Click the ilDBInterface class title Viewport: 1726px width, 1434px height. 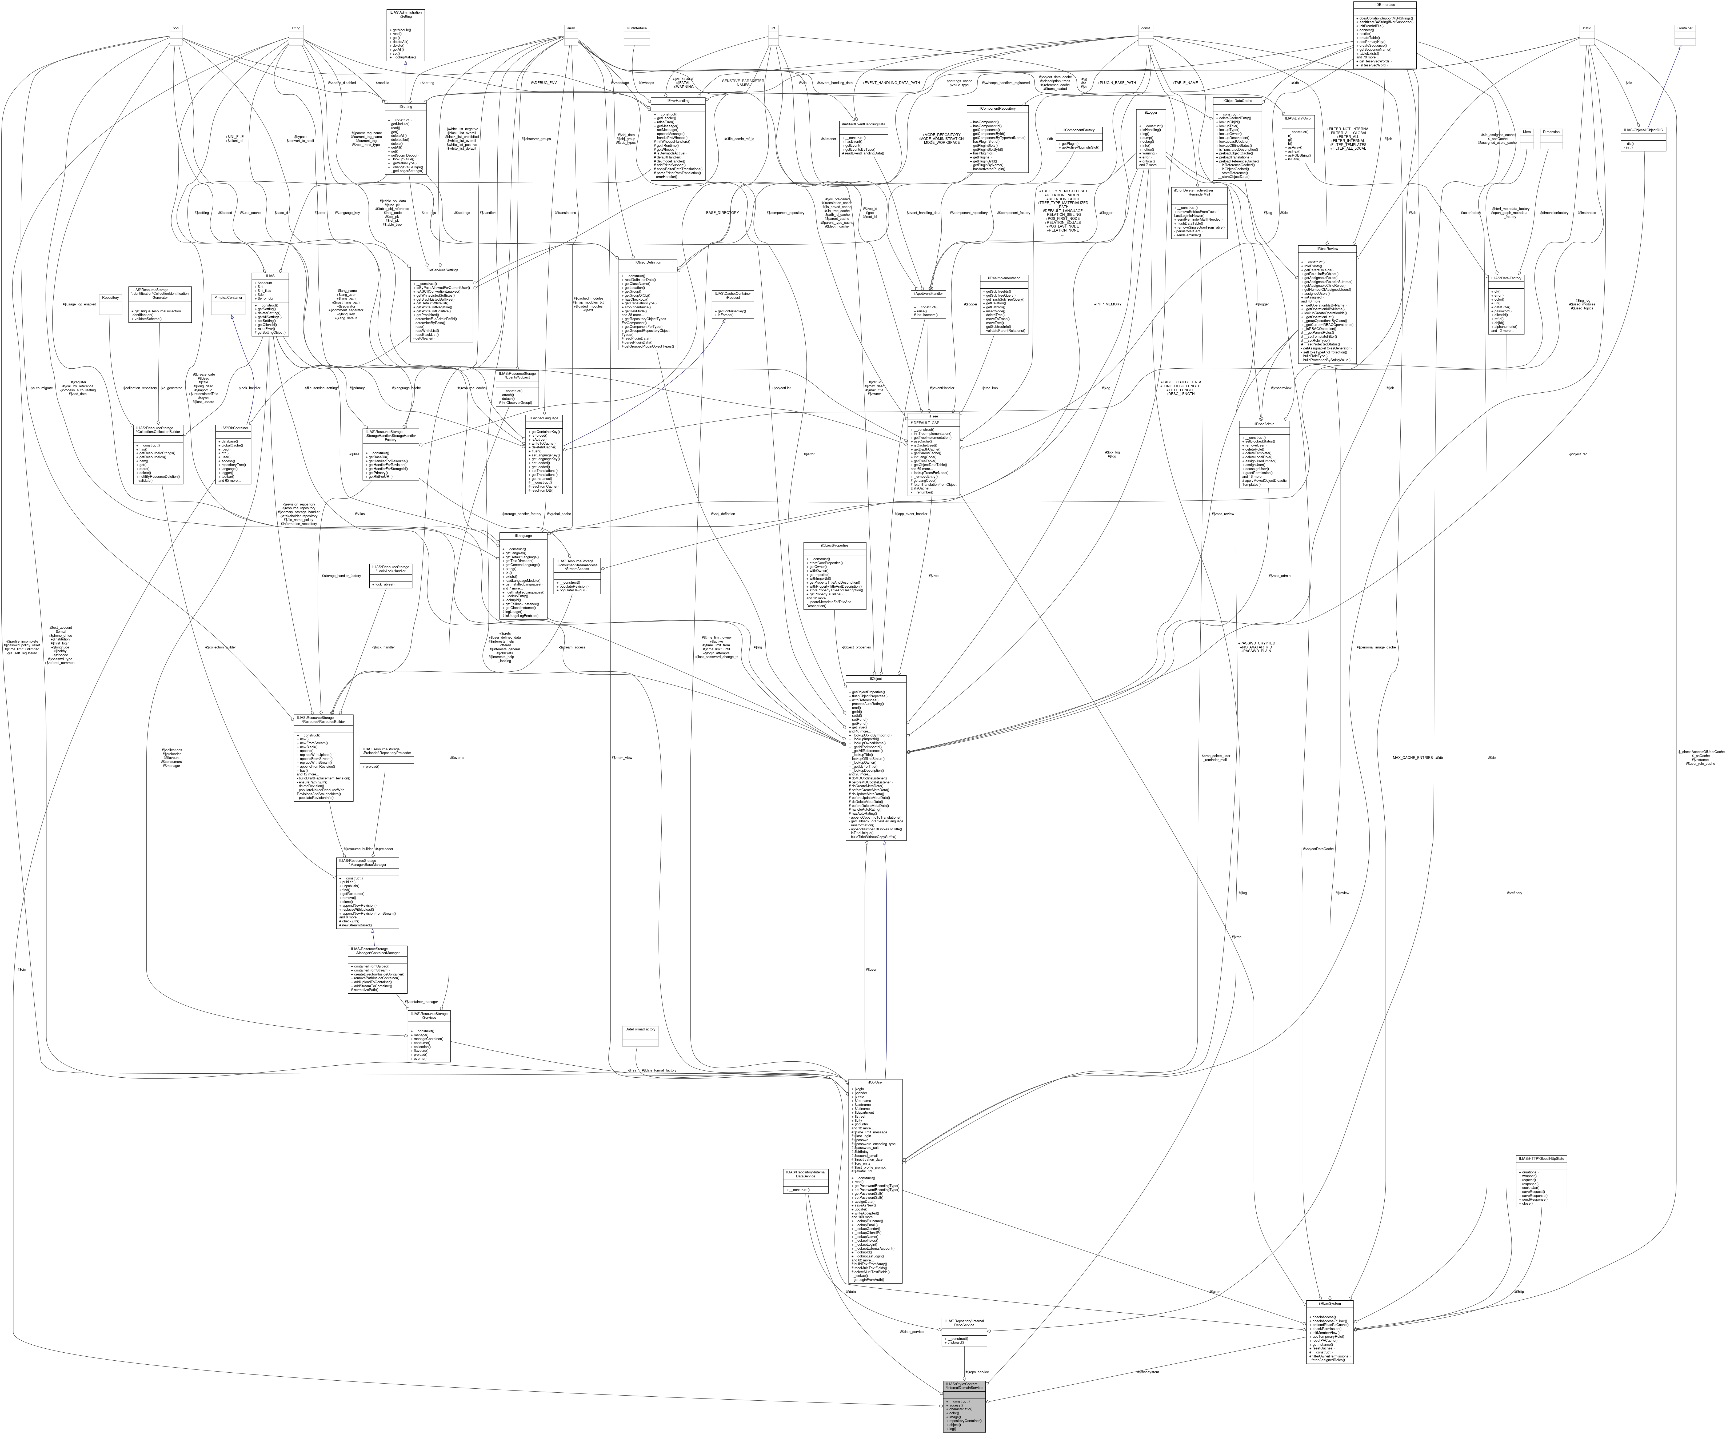click(1385, 4)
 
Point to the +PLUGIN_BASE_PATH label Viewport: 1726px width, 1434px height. click(1118, 83)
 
